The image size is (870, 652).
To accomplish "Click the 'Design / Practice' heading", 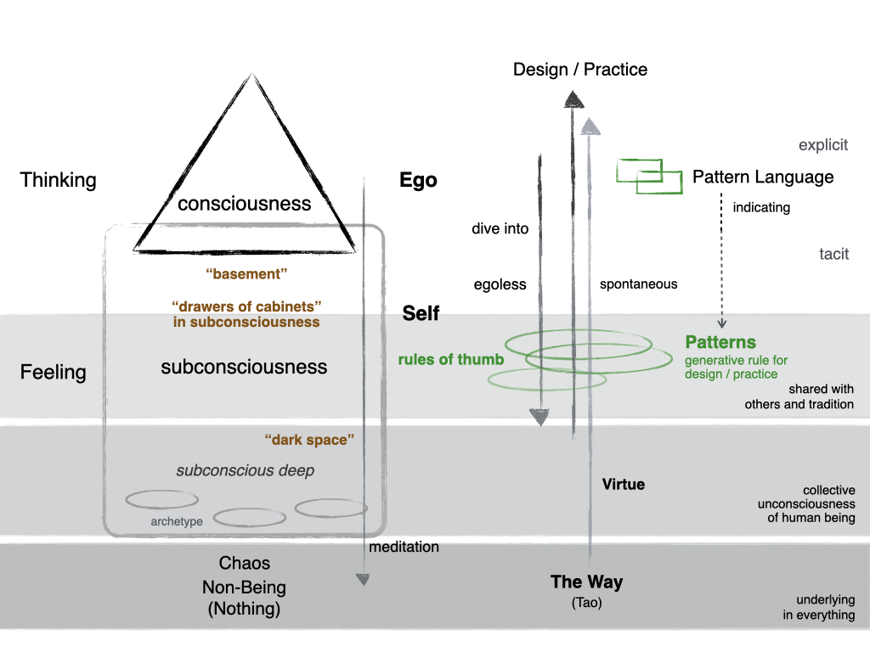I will tap(580, 70).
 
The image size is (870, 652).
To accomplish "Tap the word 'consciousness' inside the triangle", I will tap(245, 204).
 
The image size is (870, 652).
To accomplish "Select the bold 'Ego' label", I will tap(418, 180).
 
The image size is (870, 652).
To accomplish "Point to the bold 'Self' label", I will tap(421, 314).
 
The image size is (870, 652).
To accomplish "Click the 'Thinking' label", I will tap(59, 180).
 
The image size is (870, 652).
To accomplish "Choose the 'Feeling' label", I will tap(54, 372).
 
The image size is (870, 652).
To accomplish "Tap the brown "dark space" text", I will tap(308, 440).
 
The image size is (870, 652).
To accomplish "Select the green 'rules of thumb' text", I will tap(451, 359).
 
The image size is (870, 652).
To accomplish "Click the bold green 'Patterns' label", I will tap(720, 343).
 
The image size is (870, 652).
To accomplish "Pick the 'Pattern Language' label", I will tap(763, 177).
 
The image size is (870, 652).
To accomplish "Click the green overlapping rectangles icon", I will tap(649, 176).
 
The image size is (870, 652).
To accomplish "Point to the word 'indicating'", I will tap(761, 207).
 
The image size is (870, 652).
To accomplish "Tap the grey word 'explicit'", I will tap(823, 145).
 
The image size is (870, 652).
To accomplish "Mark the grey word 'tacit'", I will tap(833, 254).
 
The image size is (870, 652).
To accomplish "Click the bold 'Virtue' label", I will tap(624, 485).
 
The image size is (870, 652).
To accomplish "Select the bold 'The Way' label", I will tap(586, 582).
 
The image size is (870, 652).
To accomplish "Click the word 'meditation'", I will tap(404, 548).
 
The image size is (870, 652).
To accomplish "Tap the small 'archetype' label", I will tap(177, 521).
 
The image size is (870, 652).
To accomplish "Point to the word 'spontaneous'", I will tap(638, 284).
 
